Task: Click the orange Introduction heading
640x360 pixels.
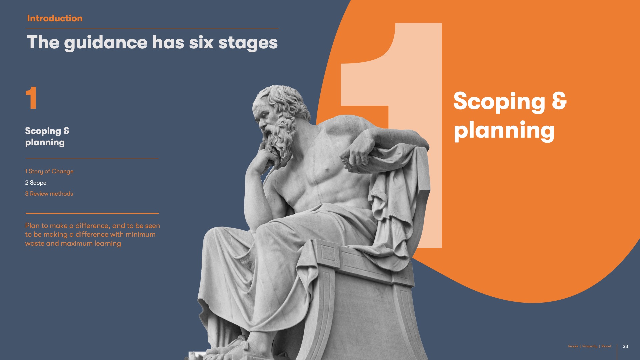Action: pyautogui.click(x=55, y=18)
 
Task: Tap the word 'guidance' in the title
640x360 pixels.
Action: pyautogui.click(x=106, y=43)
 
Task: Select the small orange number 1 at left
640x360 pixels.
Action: pyautogui.click(x=31, y=98)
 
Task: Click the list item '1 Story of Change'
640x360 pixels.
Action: pyautogui.click(x=49, y=171)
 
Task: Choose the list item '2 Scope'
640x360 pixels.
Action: pyautogui.click(x=36, y=183)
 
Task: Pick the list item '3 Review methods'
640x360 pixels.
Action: pyautogui.click(x=49, y=194)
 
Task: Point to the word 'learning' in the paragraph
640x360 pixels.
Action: pyautogui.click(x=108, y=243)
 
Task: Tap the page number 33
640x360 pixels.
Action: pyautogui.click(x=625, y=346)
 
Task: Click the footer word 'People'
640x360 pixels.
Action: pyautogui.click(x=573, y=346)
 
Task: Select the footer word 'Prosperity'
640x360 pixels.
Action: pyautogui.click(x=590, y=346)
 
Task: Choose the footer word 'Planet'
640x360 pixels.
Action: pyautogui.click(x=606, y=346)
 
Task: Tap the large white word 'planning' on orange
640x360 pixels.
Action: pyautogui.click(x=504, y=131)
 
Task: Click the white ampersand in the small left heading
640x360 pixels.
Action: pyautogui.click(x=66, y=131)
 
